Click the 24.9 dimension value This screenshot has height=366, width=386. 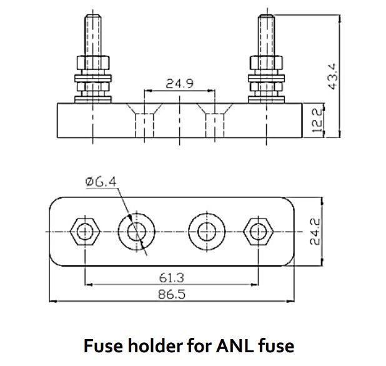pos(179,84)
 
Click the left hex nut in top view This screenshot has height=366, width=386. pos(84,231)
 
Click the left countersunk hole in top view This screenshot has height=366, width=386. pos(134,231)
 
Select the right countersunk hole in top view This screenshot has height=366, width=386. pos(205,231)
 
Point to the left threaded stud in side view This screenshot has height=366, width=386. pos(92,34)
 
